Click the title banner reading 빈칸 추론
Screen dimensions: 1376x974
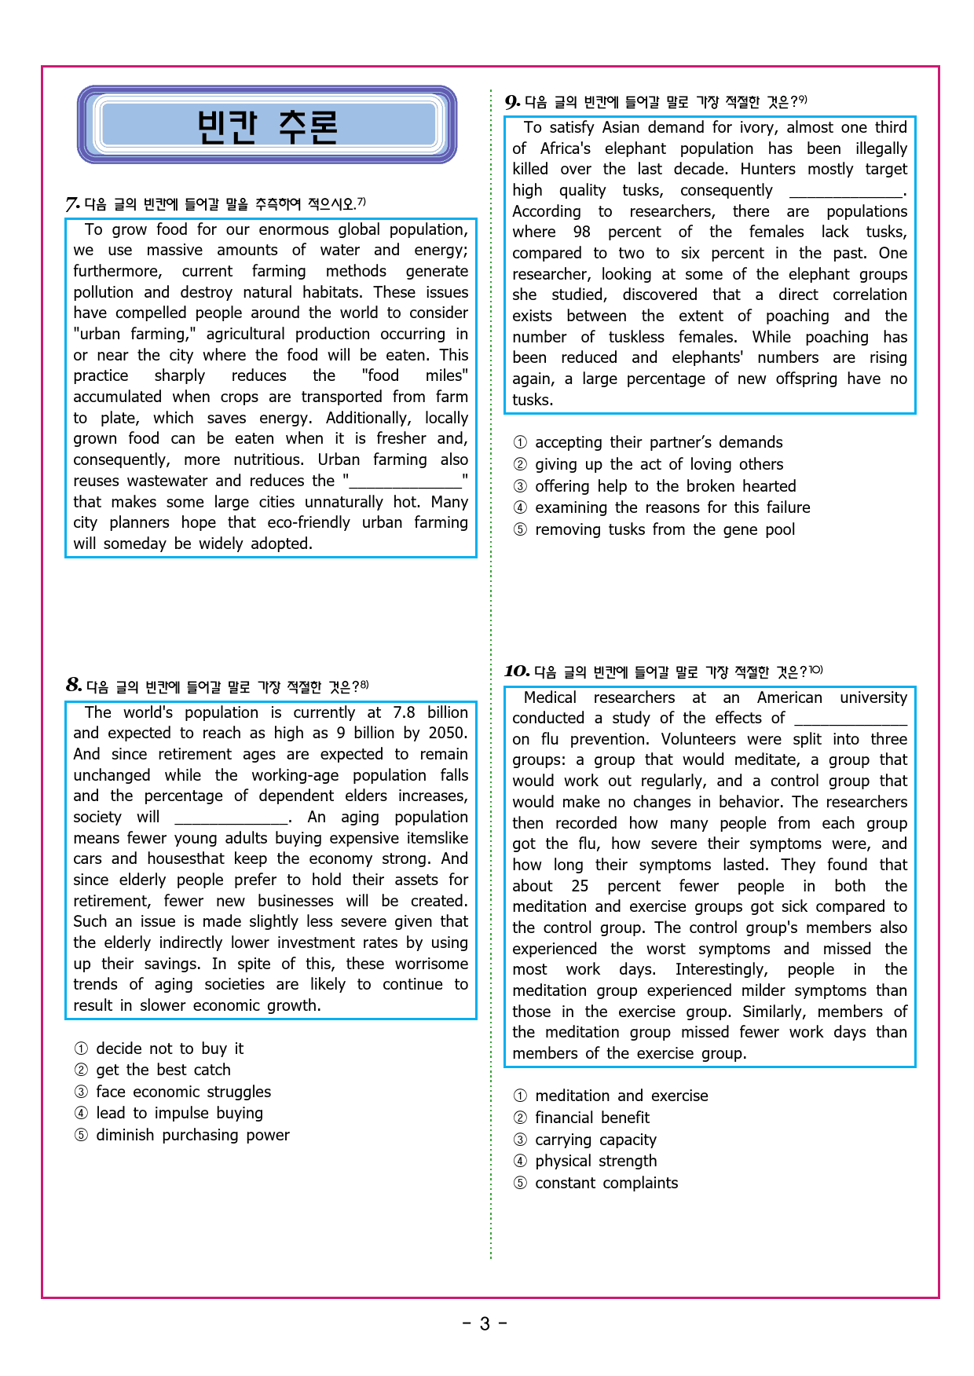267,126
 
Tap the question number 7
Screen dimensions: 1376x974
72,205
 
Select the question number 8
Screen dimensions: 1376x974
74,685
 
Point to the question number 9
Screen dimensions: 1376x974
512,102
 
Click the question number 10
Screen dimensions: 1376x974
516,671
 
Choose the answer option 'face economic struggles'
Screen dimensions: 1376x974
183,1092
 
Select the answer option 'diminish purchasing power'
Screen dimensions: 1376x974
192,1135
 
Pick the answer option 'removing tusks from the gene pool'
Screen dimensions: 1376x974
665,529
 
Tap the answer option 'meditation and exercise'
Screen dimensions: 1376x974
621,1096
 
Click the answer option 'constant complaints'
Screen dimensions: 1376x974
606,1183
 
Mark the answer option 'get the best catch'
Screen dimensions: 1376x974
163,1070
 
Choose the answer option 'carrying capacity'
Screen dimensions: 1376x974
595,1140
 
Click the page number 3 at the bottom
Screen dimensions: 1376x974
485,1324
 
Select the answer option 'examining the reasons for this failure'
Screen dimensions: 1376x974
672,507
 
